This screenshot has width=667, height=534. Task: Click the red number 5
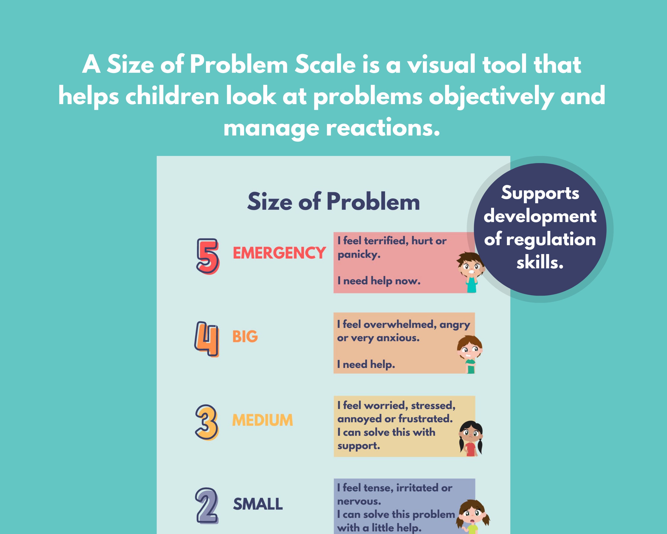coord(208,256)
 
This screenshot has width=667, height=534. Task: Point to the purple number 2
coord(207,505)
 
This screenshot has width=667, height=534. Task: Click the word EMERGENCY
coord(279,253)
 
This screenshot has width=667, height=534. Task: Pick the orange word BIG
coord(245,336)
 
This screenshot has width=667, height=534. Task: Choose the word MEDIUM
coord(262,420)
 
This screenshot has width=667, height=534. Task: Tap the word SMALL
coord(258,504)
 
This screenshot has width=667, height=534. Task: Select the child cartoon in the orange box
coord(470,354)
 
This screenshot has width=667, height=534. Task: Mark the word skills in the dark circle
coord(540,263)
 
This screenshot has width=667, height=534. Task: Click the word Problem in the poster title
coord(373,202)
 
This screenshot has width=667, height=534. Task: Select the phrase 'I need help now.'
coord(379,281)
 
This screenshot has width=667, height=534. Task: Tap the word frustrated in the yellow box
coord(425,419)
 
